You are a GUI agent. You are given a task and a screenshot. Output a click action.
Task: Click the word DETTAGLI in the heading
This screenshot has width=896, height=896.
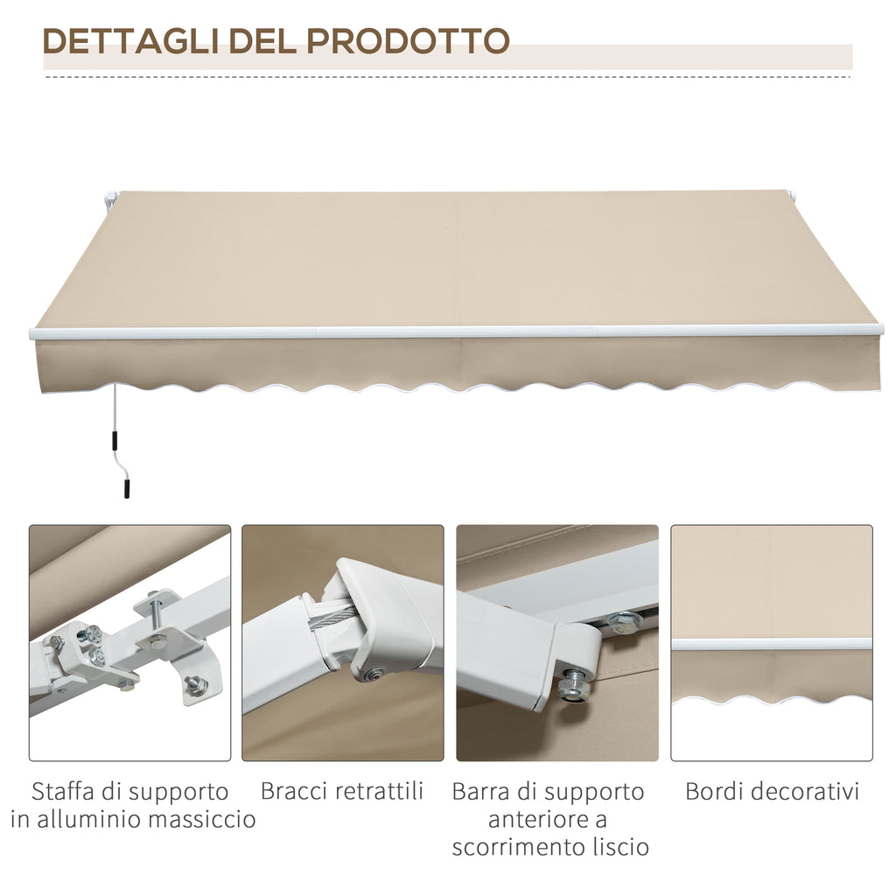click(x=130, y=41)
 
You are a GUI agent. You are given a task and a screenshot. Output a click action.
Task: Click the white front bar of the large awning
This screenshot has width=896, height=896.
click(x=455, y=332)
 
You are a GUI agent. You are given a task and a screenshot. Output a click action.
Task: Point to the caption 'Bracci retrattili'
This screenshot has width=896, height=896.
click(x=342, y=791)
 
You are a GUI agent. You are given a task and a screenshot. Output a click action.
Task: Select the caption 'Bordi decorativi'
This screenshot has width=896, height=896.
click(x=772, y=792)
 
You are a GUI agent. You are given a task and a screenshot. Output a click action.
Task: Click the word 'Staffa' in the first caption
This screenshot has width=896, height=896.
click(x=60, y=792)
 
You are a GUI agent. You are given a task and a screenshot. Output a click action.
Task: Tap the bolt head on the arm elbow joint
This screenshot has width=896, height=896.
click(x=374, y=675)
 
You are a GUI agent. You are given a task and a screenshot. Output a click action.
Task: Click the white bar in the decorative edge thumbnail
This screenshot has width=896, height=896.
click(x=772, y=644)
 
